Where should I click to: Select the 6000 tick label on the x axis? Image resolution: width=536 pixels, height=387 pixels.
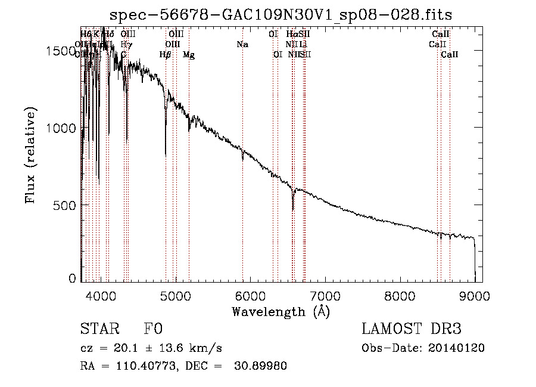pyautogui.click(x=250, y=296)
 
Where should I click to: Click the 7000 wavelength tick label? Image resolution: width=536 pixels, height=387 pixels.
pyautogui.click(x=325, y=296)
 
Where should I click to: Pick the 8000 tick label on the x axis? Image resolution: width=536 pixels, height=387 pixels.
pyautogui.click(x=400, y=296)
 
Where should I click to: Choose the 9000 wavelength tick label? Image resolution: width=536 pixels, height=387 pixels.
pyautogui.click(x=475, y=296)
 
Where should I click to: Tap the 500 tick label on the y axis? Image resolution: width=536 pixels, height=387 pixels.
pyautogui.click(x=67, y=205)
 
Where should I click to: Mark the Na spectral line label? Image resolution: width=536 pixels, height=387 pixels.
pyautogui.click(x=242, y=45)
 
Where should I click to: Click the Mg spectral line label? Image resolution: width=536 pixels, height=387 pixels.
pyautogui.click(x=188, y=55)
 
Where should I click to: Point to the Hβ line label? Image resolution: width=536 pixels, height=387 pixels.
pyautogui.click(x=166, y=55)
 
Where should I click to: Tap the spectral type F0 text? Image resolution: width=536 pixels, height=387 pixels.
pyautogui.click(x=153, y=330)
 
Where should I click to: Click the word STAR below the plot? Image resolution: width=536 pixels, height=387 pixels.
pyautogui.click(x=99, y=330)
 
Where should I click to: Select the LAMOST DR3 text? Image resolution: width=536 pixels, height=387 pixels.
pyautogui.click(x=412, y=330)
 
